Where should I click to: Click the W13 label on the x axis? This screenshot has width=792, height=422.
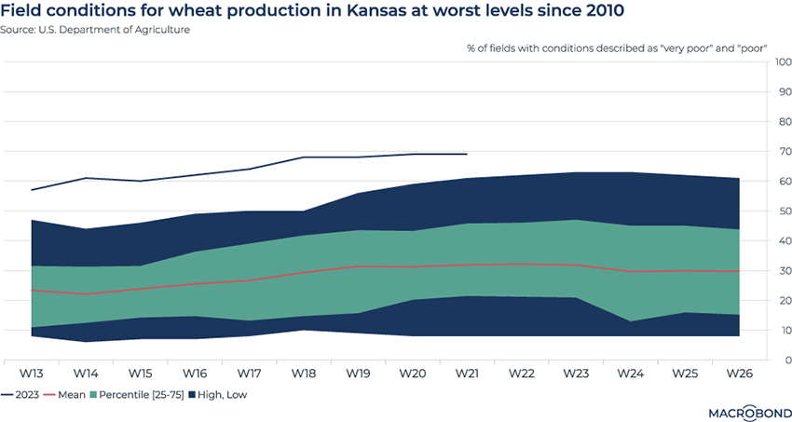[x=32, y=374]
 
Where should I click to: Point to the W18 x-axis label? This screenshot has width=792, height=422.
[x=303, y=374]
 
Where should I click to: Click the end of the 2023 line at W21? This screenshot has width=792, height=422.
[x=466, y=154]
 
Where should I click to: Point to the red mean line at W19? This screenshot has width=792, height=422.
[x=357, y=266]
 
